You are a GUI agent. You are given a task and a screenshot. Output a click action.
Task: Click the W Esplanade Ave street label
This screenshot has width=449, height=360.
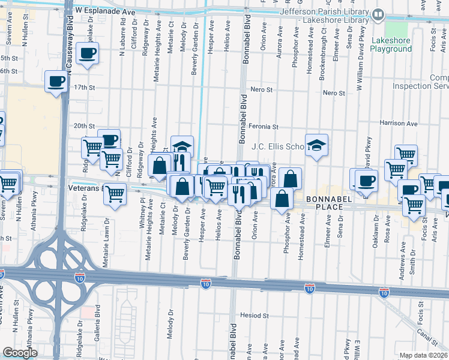pos(106,11)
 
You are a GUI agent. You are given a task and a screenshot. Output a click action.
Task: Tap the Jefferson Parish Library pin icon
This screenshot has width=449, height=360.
pos(378,14)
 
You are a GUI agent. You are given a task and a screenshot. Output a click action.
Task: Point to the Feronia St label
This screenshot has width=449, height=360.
pos(264,127)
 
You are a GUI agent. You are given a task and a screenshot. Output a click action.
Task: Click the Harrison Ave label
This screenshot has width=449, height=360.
pos(398,123)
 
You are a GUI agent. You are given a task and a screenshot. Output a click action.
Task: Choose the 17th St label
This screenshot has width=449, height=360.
pos(85,88)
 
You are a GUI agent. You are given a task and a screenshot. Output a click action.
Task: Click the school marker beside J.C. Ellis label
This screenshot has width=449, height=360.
pos(316,145)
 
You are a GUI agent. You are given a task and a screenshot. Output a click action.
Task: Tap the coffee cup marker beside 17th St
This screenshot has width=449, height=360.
pos(56,81)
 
